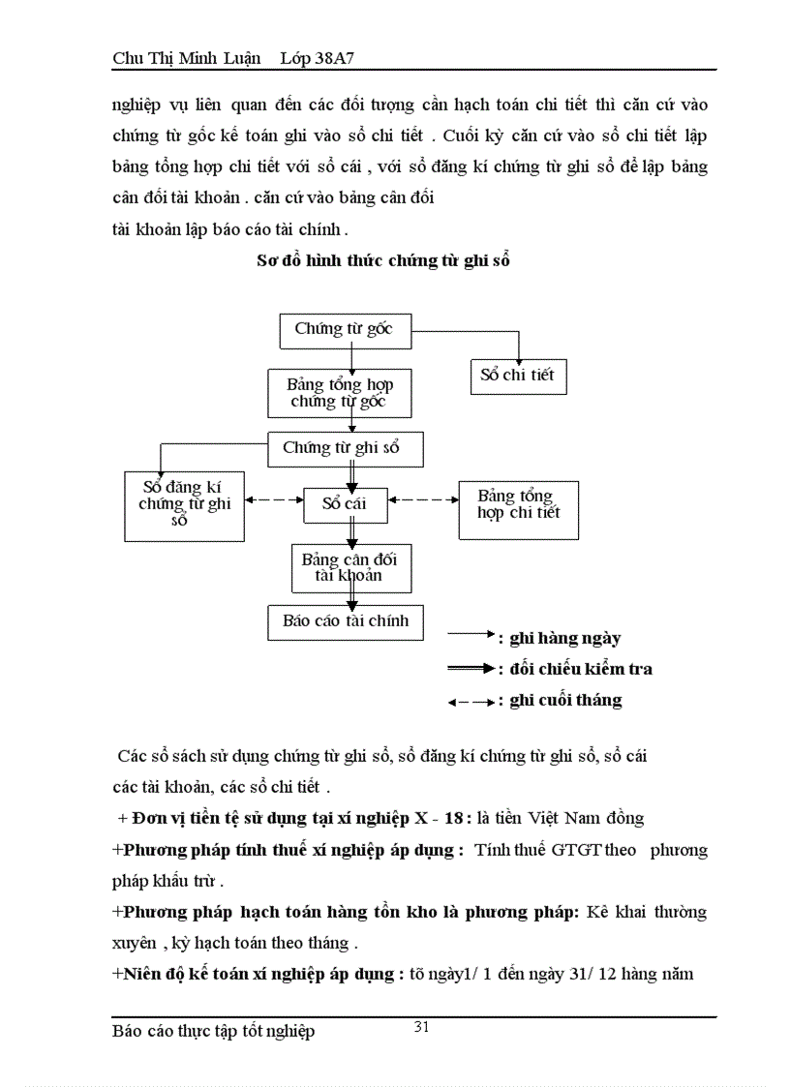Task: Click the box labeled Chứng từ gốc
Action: pos(345,330)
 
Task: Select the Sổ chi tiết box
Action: pos(517,376)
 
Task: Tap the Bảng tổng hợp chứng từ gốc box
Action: pos(340,393)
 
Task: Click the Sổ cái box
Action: pos(344,502)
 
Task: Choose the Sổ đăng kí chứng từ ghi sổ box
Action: pos(184,504)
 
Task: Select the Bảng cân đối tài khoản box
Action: pos(351,567)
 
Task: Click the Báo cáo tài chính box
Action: pos(346,621)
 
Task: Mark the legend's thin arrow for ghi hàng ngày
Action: pos(471,635)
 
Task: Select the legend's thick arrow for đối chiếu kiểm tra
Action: pos(471,668)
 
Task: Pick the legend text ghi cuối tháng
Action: pos(566,700)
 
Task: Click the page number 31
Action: pos(422,1028)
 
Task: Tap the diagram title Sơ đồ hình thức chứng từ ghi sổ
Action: pos(383,260)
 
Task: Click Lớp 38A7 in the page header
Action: pos(321,59)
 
